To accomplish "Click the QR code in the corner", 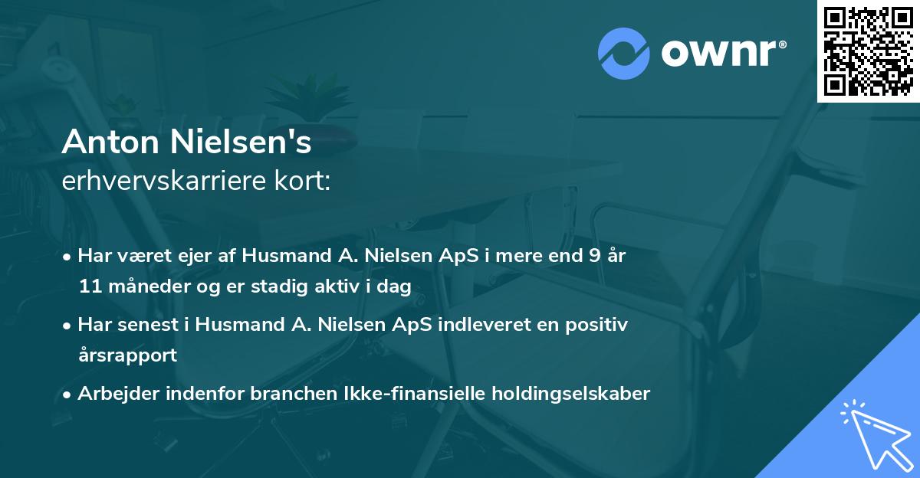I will [x=869, y=51].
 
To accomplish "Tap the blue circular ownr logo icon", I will [x=624, y=53].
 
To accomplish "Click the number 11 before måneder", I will [x=88, y=286].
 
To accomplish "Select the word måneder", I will [x=143, y=286].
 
